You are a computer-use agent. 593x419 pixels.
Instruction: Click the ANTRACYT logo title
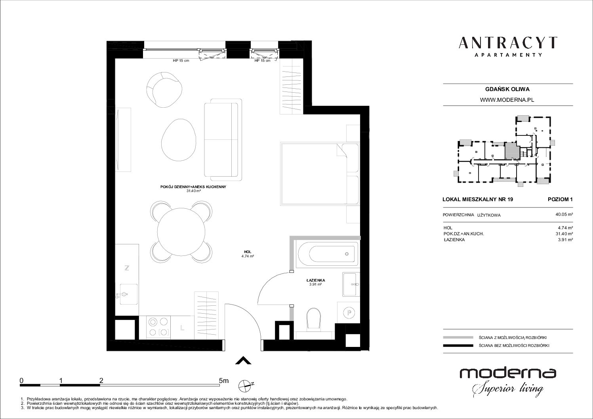[x=508, y=43]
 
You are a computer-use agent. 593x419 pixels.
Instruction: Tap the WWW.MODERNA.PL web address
[x=507, y=100]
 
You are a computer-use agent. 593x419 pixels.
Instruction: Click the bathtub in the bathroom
[x=328, y=254]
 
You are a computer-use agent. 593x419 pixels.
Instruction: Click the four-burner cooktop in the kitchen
[x=158, y=327]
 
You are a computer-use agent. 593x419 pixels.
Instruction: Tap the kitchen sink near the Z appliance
[x=128, y=294]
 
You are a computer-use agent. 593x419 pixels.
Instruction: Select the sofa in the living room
[x=223, y=139]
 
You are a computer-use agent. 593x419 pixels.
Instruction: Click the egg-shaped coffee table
[x=179, y=140]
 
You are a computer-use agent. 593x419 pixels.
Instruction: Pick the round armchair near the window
[x=164, y=90]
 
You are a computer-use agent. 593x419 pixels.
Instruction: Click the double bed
[x=320, y=173]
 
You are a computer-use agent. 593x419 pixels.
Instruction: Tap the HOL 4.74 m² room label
[x=248, y=254]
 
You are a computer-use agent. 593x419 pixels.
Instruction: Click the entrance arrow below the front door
[x=243, y=360]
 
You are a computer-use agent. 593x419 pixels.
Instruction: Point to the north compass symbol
[x=246, y=386]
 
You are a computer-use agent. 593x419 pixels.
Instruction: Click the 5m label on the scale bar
[x=223, y=381]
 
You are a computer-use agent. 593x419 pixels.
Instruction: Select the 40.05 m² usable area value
[x=564, y=214]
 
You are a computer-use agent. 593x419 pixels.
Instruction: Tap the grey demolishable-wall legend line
[x=458, y=337]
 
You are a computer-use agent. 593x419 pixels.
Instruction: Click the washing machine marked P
[x=349, y=312]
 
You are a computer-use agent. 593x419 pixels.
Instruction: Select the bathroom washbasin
[x=351, y=284]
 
